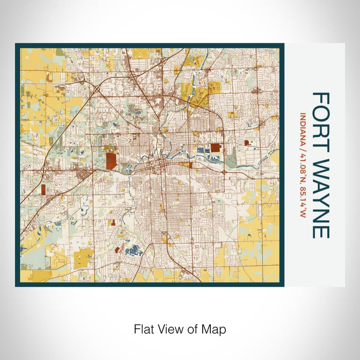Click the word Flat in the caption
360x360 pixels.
tap(144, 328)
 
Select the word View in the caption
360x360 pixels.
tap(171, 328)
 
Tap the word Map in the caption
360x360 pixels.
tap(215, 328)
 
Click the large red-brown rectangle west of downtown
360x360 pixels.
tap(111, 160)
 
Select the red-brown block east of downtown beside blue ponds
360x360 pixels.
tap(215, 148)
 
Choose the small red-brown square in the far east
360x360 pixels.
tap(246, 142)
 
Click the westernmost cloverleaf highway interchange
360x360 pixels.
tap(96, 91)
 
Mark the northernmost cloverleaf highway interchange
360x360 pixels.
tap(132, 76)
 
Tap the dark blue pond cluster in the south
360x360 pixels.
tap(135, 250)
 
